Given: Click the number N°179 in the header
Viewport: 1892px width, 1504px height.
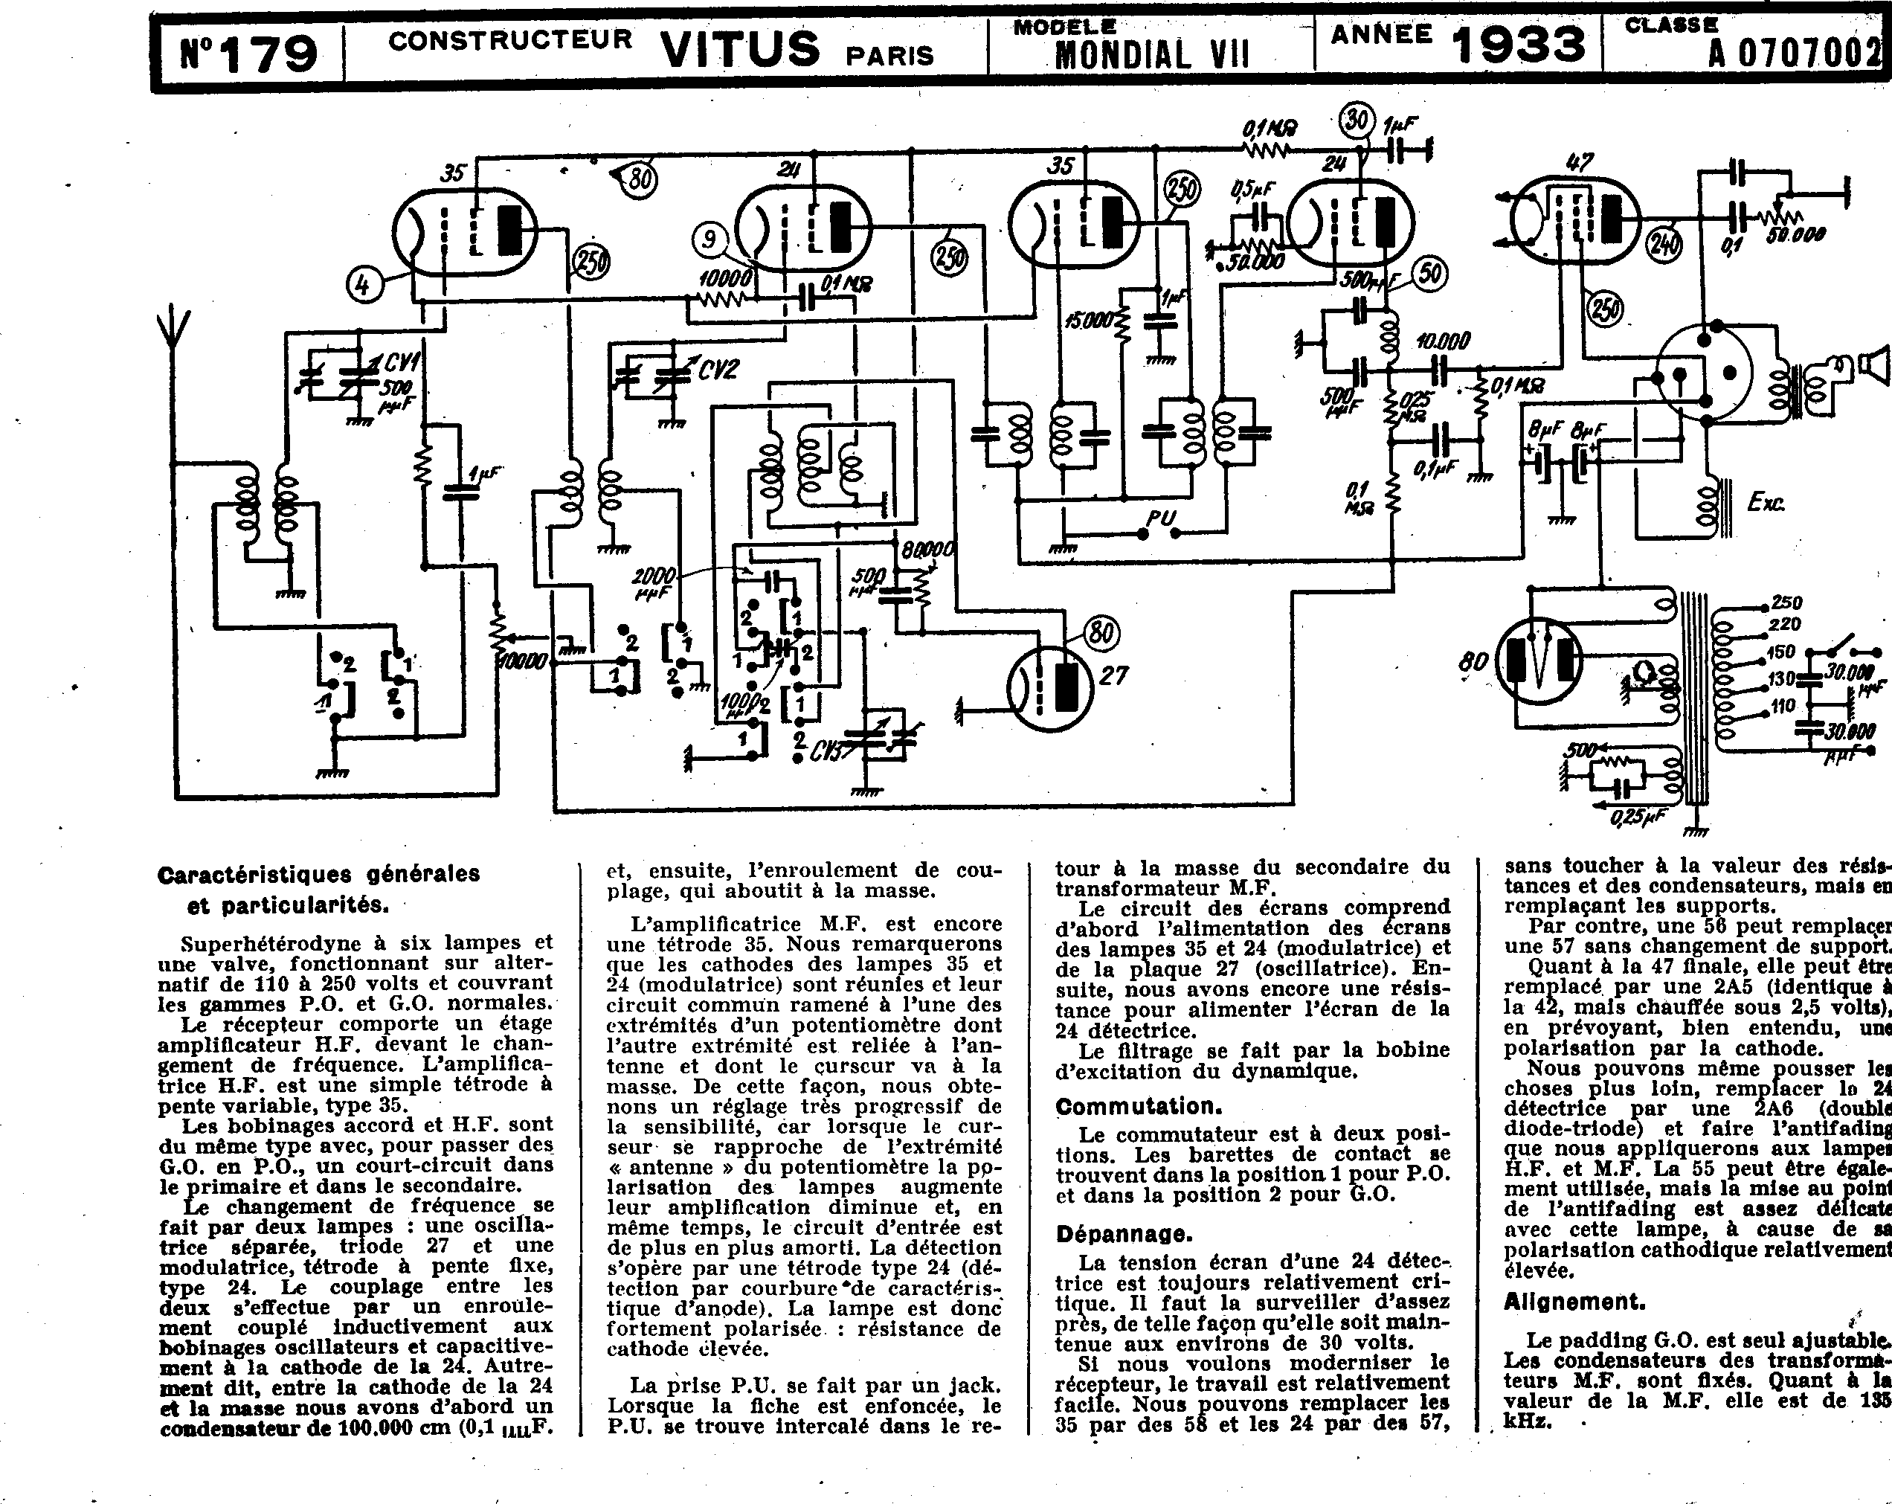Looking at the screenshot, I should click(x=248, y=52).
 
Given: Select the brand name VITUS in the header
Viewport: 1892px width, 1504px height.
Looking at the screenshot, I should click(x=739, y=49).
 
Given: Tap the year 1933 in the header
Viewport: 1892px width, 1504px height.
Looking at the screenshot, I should click(x=1518, y=44).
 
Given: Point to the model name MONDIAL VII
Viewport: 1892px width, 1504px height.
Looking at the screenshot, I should click(x=1151, y=55).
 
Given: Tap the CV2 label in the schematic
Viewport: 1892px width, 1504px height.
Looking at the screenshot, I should click(x=718, y=370).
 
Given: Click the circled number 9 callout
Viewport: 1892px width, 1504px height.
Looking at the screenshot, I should click(x=709, y=240).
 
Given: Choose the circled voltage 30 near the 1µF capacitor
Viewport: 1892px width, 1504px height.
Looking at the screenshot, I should click(x=1357, y=119).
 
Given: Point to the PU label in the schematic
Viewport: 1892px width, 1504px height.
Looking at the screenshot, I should click(x=1160, y=518).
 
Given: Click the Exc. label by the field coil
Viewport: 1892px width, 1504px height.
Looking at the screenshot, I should click(x=1766, y=502).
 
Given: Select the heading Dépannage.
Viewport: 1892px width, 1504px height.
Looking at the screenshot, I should click(x=1124, y=1234).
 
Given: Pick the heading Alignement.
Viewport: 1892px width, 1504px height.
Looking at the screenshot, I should click(x=1574, y=1300).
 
